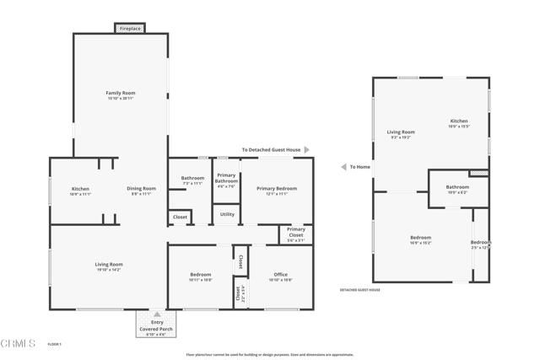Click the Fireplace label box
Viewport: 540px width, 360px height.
pyautogui.click(x=130, y=28)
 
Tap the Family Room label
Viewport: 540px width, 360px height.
pyautogui.click(x=121, y=93)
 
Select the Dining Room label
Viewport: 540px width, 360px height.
pyautogui.click(x=142, y=189)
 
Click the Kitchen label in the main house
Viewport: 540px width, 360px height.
pyautogui.click(x=81, y=189)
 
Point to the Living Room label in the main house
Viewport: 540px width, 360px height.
pyautogui.click(x=109, y=265)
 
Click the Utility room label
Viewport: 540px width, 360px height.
pyautogui.click(x=227, y=214)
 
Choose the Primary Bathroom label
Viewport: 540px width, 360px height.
pyautogui.click(x=226, y=178)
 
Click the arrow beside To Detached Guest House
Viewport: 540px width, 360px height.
pyautogui.click(x=307, y=149)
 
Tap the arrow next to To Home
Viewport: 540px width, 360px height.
pyautogui.click(x=343, y=167)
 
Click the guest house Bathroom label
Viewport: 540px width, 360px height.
pyautogui.click(x=457, y=187)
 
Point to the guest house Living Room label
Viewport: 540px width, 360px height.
pyautogui.click(x=401, y=132)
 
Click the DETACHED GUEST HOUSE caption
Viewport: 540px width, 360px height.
pyautogui.click(x=360, y=289)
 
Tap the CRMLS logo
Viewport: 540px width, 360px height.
pyautogui.click(x=19, y=344)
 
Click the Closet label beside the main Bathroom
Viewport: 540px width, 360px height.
pyautogui.click(x=180, y=217)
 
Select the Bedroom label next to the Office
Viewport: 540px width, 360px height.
pyautogui.click(x=200, y=275)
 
